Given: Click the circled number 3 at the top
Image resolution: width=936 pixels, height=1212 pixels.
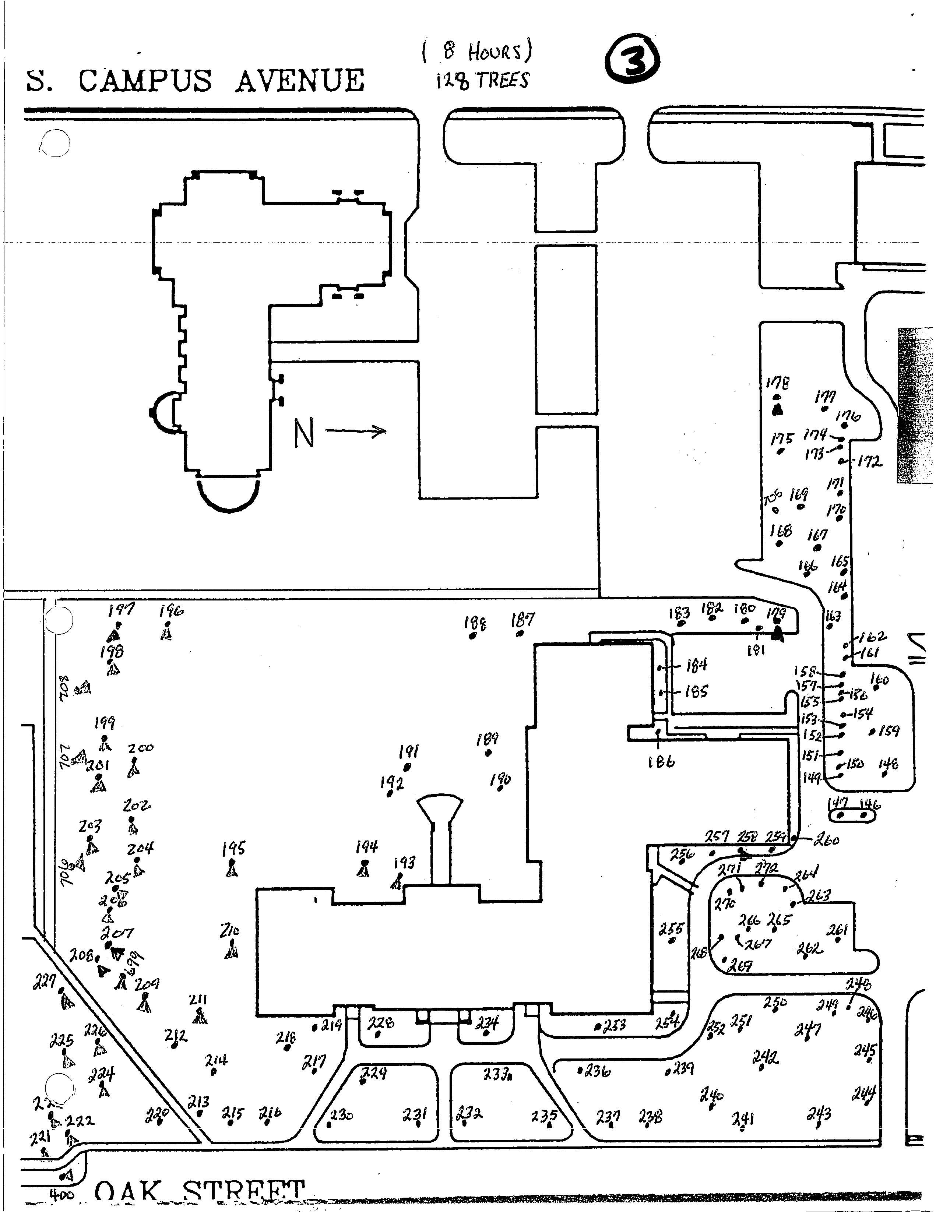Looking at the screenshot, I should click(634, 63).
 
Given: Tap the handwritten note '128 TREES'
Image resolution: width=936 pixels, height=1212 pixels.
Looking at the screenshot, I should click(482, 81).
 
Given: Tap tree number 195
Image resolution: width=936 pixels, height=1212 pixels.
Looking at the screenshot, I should click(233, 849).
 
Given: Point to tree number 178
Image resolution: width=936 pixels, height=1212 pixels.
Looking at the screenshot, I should click(777, 383).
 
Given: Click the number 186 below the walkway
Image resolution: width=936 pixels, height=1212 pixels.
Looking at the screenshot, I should click(661, 762).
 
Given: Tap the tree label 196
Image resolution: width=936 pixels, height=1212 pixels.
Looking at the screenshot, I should click(171, 611).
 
